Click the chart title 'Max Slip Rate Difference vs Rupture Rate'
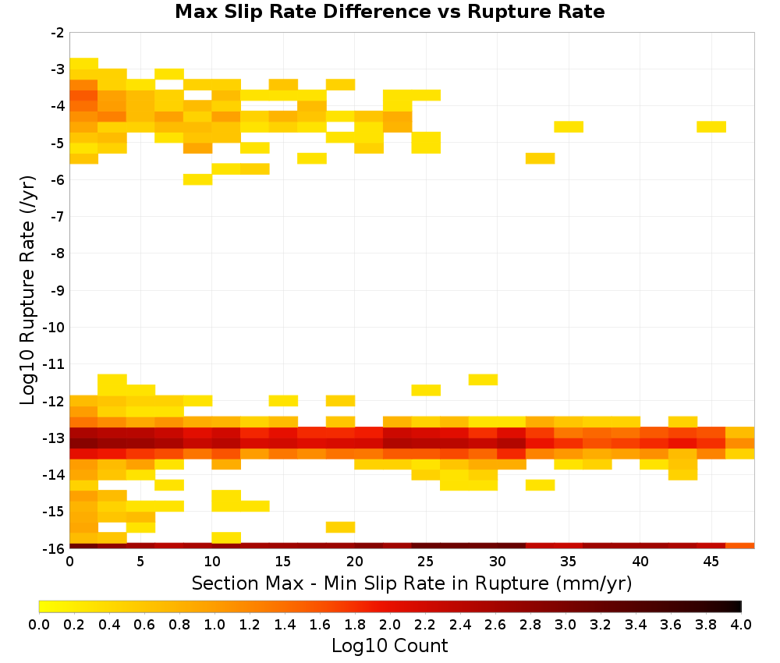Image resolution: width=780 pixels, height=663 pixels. click(389, 12)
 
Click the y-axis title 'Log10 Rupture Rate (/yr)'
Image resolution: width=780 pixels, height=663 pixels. click(28, 290)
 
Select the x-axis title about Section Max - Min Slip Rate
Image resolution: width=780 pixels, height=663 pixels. click(411, 583)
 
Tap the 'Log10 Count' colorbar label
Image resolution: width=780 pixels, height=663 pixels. click(389, 646)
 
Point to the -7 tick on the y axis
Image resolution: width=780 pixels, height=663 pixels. click(58, 216)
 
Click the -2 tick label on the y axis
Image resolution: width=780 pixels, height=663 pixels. click(58, 33)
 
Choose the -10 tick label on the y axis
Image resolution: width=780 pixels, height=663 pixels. click(55, 328)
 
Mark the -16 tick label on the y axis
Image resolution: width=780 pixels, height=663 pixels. click(55, 548)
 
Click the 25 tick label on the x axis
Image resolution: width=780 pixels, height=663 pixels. click(426, 561)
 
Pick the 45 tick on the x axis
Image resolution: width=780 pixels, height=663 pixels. click(711, 561)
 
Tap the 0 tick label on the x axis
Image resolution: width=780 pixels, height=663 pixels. click(69, 561)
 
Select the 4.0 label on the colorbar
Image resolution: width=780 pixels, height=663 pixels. click(741, 624)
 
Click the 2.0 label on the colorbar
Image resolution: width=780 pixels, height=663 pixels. click(389, 624)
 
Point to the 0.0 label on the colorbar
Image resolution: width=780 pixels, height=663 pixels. click(39, 624)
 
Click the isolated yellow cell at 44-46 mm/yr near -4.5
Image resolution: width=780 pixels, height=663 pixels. click(711, 126)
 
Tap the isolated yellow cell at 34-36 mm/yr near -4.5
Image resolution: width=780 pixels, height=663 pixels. click(569, 126)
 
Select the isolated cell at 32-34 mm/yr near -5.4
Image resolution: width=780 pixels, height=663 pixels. click(541, 158)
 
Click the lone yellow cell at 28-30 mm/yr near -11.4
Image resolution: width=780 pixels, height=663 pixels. click(483, 380)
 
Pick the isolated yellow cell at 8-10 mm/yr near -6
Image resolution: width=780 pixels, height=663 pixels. click(198, 179)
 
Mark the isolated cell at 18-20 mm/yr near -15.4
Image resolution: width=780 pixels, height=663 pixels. click(341, 526)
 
